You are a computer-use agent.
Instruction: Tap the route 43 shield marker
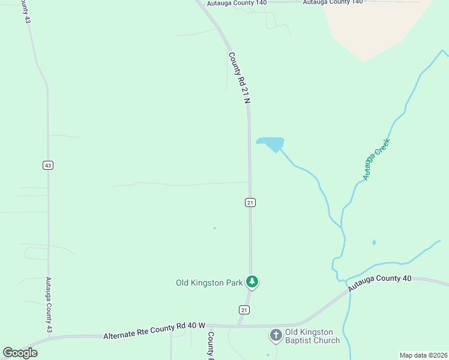pos(47,165)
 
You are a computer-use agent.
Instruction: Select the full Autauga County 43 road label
pos(49,305)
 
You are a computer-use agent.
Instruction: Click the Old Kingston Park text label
pos(209,283)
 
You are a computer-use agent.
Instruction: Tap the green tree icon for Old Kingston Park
pos(253,281)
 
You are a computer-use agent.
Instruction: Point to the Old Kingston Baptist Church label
pos(312,336)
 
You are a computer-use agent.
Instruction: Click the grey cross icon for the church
pos(276,335)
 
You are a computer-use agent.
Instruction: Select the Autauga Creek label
pos(376,160)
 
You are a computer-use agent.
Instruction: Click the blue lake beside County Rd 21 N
pos(271,144)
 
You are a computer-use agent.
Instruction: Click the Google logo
pos(20,353)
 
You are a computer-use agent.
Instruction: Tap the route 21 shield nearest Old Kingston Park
pos(244,310)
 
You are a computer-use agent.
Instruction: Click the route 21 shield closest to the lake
pos(250,203)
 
